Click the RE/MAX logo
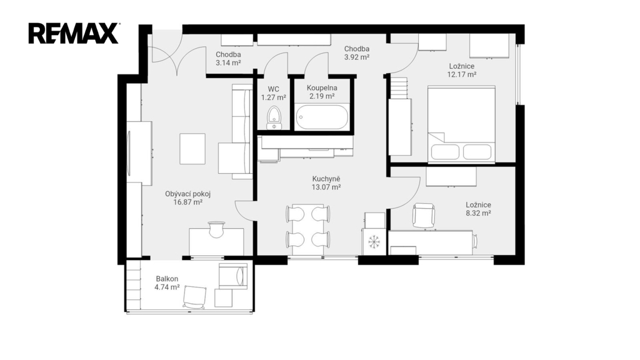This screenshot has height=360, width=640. [x=74, y=34]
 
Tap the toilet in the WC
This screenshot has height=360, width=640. [x=274, y=118]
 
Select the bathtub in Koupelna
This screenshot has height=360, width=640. [x=322, y=117]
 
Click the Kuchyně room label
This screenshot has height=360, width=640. [x=326, y=179]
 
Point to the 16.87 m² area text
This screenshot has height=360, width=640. [x=188, y=202]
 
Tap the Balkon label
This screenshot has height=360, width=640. [x=167, y=279]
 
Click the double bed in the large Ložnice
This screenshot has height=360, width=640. [x=461, y=124]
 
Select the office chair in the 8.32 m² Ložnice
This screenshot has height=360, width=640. [x=423, y=215]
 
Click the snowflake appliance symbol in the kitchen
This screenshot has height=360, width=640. [x=374, y=242]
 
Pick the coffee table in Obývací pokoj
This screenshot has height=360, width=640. [x=192, y=149]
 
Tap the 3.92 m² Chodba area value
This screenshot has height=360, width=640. [x=357, y=57]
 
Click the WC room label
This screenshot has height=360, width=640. [x=274, y=89]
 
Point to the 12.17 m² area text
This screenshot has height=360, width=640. [x=462, y=74]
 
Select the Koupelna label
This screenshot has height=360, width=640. [x=322, y=87]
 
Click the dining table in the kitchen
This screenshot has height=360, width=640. [x=308, y=229]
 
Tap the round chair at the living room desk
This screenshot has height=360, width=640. [x=216, y=229]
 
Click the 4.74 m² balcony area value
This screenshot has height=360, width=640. [x=167, y=287]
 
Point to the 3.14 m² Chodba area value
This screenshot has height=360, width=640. [x=228, y=63]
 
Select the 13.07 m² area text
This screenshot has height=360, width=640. [x=326, y=187]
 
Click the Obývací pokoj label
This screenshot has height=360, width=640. [x=187, y=194]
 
